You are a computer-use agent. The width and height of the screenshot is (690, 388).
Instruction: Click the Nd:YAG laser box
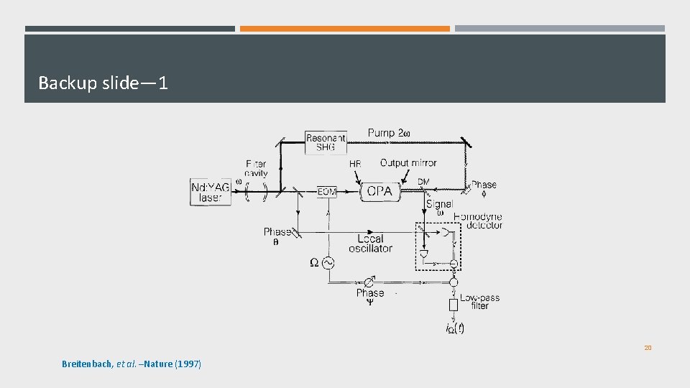(x=211, y=192)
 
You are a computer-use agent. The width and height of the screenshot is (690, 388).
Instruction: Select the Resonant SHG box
(x=325, y=142)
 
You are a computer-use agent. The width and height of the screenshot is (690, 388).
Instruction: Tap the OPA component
(x=379, y=191)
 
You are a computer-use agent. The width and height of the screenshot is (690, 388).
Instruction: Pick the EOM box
(x=327, y=192)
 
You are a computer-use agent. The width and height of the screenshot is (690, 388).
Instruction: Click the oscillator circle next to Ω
(x=327, y=263)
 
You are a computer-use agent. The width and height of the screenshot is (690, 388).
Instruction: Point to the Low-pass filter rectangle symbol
(x=453, y=305)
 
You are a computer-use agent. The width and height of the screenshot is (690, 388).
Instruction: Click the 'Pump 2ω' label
(x=390, y=133)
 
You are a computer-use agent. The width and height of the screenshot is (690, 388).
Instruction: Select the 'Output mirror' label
(x=408, y=163)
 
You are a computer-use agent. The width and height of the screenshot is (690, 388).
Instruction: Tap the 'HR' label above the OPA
(x=355, y=165)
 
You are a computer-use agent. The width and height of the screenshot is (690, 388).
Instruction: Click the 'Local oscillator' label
(x=370, y=244)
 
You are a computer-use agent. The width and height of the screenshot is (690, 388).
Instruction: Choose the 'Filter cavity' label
(x=256, y=168)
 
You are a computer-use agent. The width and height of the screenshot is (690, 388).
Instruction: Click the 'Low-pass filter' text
(x=479, y=301)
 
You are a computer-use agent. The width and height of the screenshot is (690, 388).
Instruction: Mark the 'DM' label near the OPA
(x=424, y=182)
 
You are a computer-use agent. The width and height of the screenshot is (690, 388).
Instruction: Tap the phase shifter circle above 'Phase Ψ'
(x=369, y=281)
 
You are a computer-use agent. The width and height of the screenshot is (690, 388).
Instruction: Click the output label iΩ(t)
(x=454, y=329)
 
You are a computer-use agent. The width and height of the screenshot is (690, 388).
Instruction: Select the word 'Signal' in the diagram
(x=439, y=204)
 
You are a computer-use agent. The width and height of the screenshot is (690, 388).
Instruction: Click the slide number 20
(x=648, y=348)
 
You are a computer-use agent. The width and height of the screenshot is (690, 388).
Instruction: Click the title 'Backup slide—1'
(x=103, y=83)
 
